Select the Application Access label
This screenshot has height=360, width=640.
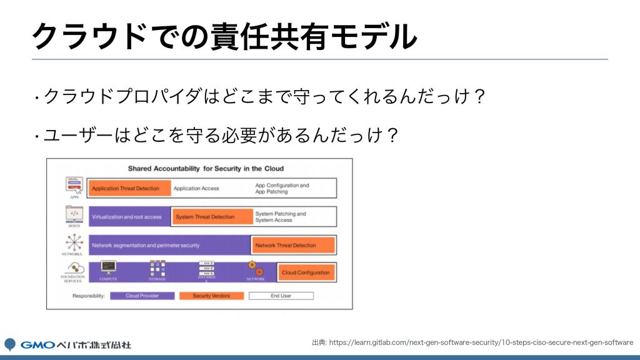196,188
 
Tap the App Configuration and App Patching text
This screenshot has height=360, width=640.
282,188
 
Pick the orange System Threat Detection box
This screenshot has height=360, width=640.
211,217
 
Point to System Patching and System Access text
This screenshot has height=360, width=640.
281,217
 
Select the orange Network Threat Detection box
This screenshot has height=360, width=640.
292,246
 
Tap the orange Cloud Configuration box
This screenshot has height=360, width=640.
306,272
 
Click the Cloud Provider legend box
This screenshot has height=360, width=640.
141,296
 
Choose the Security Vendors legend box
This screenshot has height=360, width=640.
211,296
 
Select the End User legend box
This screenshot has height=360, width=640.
281,296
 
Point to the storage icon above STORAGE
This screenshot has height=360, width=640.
157,268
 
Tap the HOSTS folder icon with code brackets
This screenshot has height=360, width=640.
74,214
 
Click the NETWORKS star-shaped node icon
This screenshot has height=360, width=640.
74,242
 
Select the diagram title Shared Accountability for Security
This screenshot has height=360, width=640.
206,168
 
